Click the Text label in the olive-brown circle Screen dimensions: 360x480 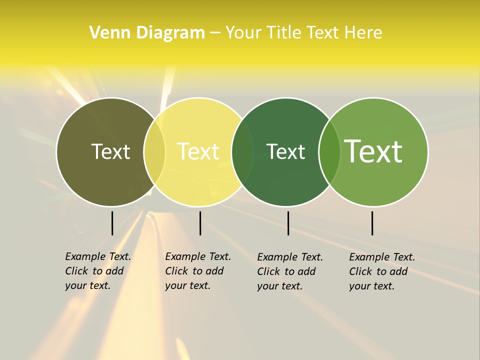(x=110, y=151)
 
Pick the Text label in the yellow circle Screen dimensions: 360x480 (x=198, y=151)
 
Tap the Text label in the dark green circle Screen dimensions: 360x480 (x=285, y=151)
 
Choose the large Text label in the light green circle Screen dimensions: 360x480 (x=373, y=151)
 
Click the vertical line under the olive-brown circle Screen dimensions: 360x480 (x=112, y=223)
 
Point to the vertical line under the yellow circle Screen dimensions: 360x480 (x=200, y=223)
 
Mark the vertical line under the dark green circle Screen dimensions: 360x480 (x=288, y=223)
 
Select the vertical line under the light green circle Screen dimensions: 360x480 (x=372, y=223)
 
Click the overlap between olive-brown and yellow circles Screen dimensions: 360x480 (x=154, y=151)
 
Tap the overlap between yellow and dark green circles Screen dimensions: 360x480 (x=242, y=151)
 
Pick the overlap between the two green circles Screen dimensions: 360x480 (x=329, y=151)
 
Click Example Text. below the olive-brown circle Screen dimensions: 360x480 (x=98, y=256)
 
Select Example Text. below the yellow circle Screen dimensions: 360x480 (x=198, y=256)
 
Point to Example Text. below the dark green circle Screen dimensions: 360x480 (x=290, y=257)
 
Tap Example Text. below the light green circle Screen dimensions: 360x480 (x=382, y=257)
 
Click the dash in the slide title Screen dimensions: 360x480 (x=215, y=33)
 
